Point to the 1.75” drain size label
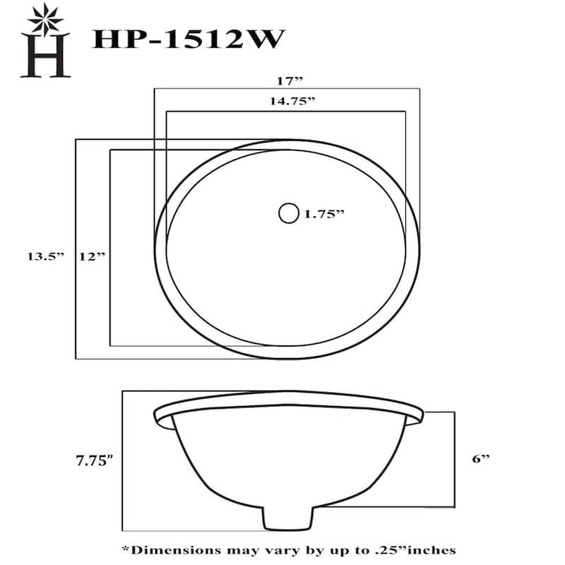(x=324, y=213)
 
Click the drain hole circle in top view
(x=289, y=213)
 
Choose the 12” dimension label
(x=92, y=257)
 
